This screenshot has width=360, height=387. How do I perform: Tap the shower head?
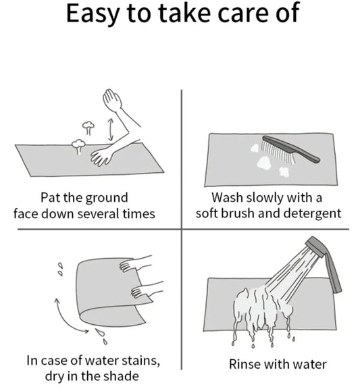pyautogui.click(x=317, y=246)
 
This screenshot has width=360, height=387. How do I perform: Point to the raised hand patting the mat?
pyautogui.click(x=111, y=101)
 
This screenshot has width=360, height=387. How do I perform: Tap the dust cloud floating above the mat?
pyautogui.click(x=87, y=125)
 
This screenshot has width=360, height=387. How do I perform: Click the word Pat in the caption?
pyautogui.click(x=52, y=198)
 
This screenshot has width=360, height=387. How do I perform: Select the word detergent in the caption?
pyautogui.click(x=308, y=214)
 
